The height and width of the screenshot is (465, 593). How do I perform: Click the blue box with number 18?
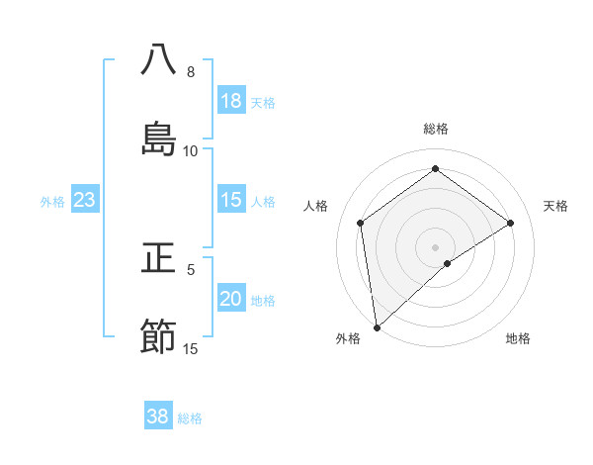pos(231,101)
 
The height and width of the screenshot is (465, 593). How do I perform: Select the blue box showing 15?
pos(231,200)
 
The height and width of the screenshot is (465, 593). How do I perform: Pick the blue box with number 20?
pos(231,299)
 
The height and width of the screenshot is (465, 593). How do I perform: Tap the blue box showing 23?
pos(85,200)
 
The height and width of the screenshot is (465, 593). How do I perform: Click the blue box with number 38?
pos(158,417)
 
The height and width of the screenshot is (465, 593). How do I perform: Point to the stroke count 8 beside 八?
pos(191,72)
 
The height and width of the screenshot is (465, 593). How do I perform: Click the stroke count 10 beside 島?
pos(191,151)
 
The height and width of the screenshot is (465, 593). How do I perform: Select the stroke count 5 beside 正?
pos(191,269)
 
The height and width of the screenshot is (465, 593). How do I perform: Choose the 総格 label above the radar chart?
pos(436,129)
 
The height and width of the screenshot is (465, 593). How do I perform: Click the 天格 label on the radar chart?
pos(556,206)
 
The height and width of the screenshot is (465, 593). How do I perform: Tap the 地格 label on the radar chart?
pos(518,338)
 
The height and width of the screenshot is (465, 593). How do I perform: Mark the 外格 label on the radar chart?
pos(348,338)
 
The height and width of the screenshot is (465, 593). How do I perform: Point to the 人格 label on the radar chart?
pos(316,206)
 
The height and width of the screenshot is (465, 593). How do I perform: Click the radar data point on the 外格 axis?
pos(377,325)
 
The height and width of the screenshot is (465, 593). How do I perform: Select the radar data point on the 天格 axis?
pos(511,223)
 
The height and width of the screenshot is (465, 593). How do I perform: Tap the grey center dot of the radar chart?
pos(436,246)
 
